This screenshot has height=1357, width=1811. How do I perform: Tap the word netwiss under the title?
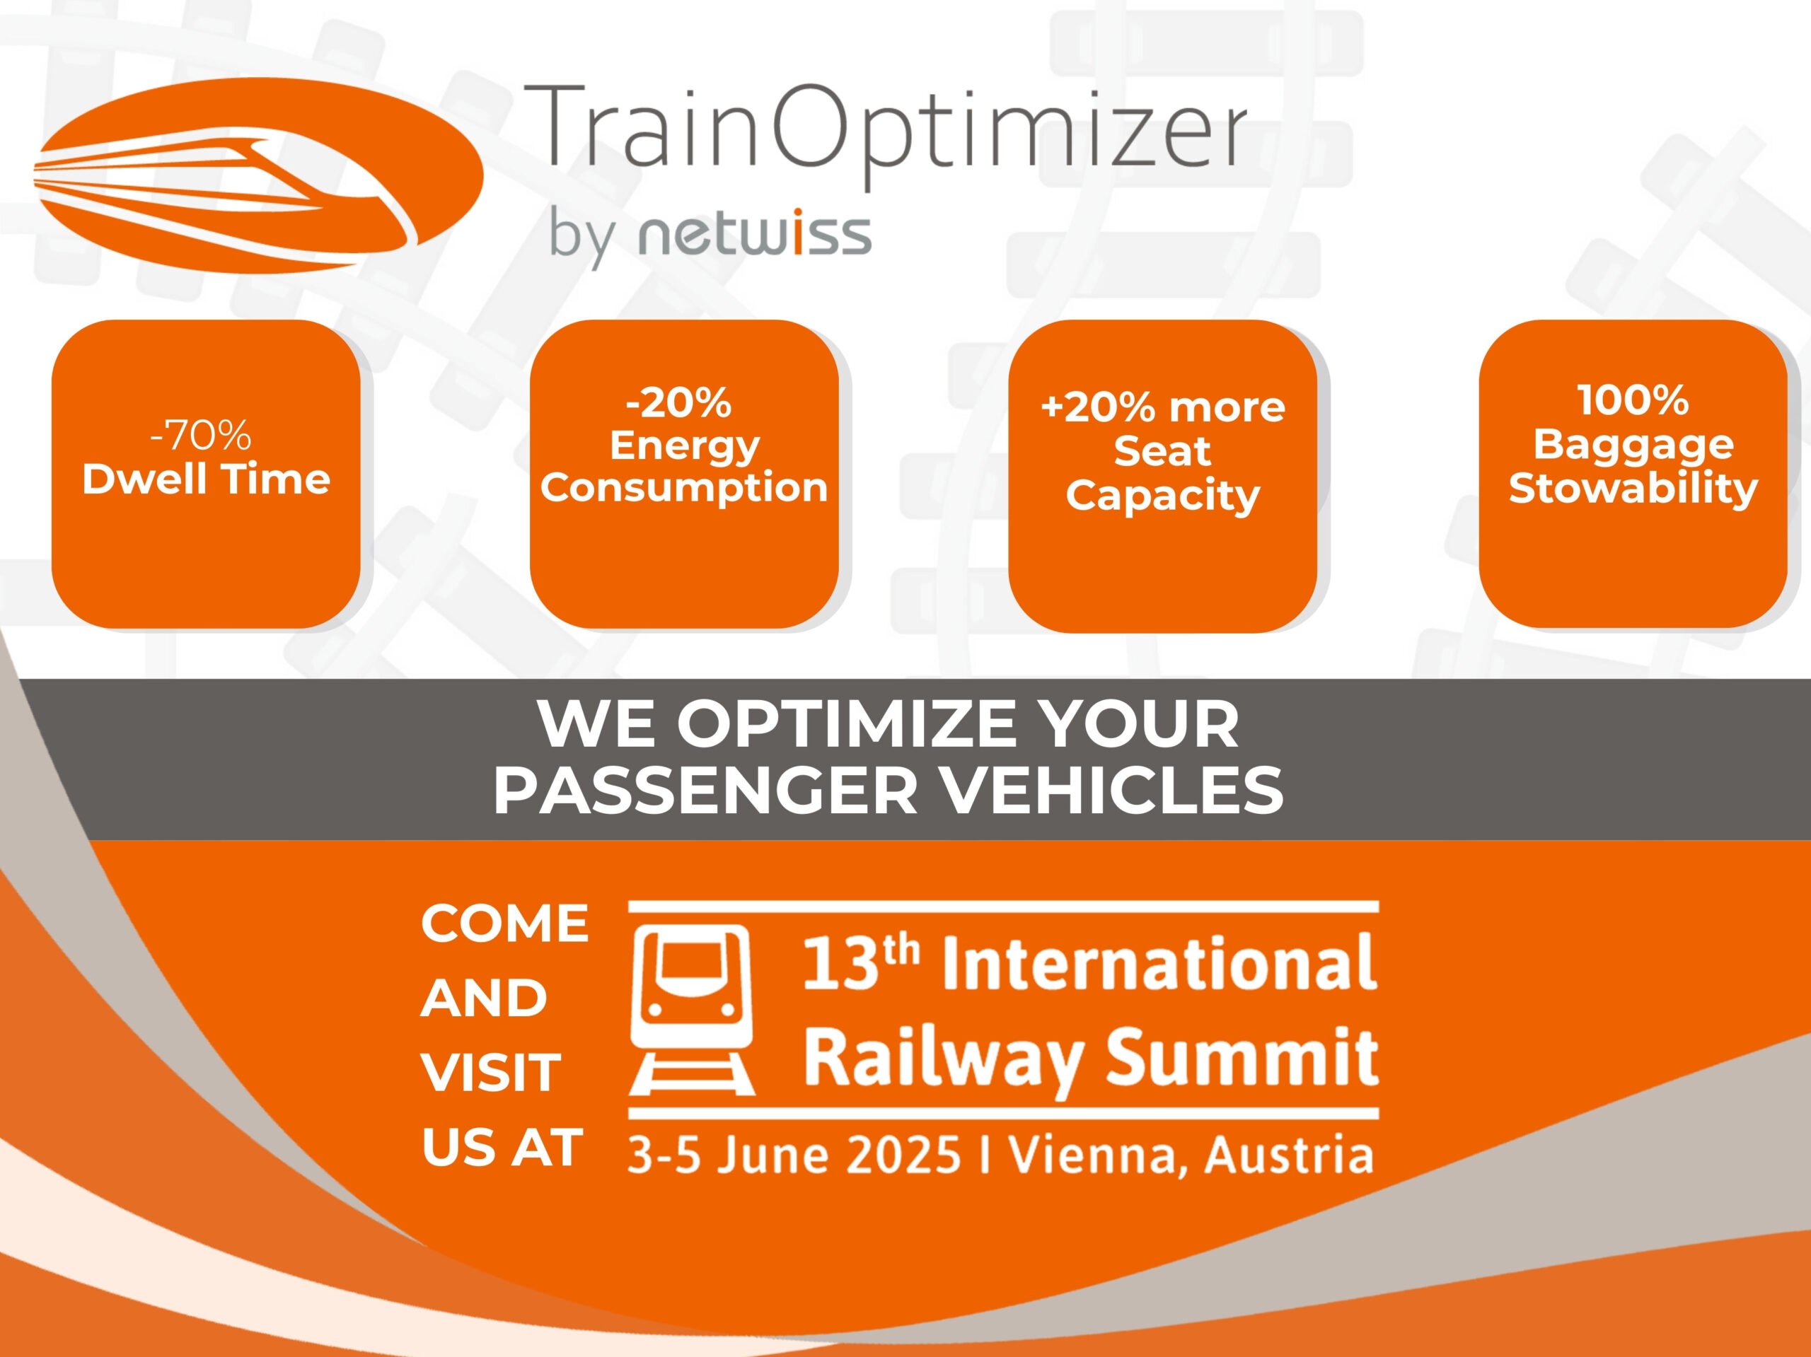(x=755, y=235)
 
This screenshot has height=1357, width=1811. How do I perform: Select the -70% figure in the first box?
(x=201, y=436)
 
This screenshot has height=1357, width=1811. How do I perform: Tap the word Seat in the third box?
(x=1162, y=451)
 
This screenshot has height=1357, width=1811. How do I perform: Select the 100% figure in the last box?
(x=1633, y=400)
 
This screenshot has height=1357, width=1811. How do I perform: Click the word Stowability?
(x=1633, y=489)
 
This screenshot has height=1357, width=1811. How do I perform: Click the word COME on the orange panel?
(x=504, y=924)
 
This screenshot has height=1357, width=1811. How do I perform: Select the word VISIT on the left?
(x=490, y=1073)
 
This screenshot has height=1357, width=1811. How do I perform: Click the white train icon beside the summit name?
(x=692, y=1010)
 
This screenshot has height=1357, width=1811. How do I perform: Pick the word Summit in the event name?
(x=1242, y=1059)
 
